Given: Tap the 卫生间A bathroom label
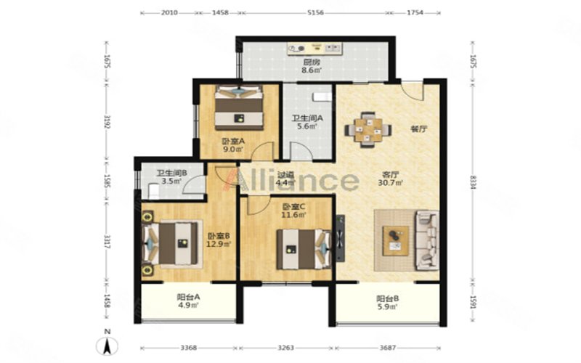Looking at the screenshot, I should click(x=307, y=119).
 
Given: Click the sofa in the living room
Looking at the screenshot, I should click(x=426, y=239).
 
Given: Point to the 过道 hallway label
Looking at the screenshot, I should click(x=285, y=175).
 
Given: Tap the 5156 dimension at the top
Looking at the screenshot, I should click(x=315, y=13).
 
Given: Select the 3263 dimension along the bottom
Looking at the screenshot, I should click(x=285, y=346).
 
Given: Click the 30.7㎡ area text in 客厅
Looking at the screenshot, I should click(x=392, y=184).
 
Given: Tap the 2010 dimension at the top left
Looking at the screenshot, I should click(x=169, y=13).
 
